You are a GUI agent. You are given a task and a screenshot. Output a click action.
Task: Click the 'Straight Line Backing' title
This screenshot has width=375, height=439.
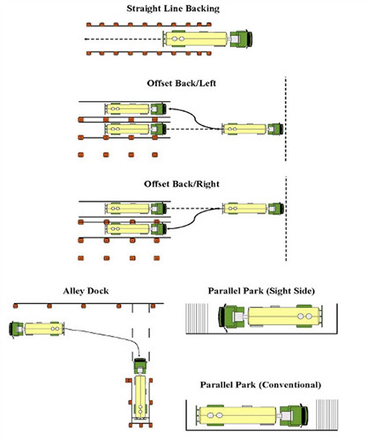[173, 9]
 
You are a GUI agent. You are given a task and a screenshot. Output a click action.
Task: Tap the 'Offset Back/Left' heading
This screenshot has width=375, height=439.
[182, 83]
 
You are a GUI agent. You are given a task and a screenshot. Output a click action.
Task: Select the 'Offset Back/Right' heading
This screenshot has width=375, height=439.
[182, 184]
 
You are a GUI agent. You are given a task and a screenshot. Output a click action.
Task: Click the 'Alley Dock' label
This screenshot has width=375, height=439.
[86, 291]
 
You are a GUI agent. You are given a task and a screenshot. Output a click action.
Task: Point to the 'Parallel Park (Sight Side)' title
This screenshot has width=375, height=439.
[261, 291]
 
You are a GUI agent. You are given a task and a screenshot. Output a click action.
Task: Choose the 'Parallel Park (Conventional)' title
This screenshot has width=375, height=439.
[260, 385]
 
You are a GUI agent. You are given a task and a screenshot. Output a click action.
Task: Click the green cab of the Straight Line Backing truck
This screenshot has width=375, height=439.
[241, 39]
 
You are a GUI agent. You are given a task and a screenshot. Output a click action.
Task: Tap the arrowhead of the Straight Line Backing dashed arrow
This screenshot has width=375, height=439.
[86, 39]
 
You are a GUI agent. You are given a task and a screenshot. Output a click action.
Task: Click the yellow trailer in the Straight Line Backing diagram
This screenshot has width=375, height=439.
[196, 39]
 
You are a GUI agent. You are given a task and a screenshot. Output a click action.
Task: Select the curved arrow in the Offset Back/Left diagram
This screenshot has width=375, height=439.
[195, 119]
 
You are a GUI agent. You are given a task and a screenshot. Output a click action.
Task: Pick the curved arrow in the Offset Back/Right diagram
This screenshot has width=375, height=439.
[195, 219]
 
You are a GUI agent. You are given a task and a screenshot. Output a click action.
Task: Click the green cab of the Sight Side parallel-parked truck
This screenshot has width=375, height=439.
[231, 316]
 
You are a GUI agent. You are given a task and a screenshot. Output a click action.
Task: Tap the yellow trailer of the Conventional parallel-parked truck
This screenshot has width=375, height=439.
[237, 415]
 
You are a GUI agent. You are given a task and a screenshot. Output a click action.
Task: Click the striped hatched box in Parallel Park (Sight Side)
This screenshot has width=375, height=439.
[197, 318]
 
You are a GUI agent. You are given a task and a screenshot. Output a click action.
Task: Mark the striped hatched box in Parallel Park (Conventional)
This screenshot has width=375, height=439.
[327, 414]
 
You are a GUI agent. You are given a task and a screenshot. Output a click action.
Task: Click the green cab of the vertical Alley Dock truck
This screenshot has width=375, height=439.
[140, 366]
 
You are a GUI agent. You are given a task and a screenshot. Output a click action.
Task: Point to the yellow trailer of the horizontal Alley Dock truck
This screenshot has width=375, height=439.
[44, 329]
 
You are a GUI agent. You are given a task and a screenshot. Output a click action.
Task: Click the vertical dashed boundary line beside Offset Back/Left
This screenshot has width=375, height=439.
[285, 119]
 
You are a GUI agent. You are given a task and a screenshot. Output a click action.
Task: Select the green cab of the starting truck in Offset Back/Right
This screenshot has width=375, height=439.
[276, 208]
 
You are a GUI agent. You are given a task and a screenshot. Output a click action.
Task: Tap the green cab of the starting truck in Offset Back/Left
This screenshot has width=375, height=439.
[275, 129]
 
